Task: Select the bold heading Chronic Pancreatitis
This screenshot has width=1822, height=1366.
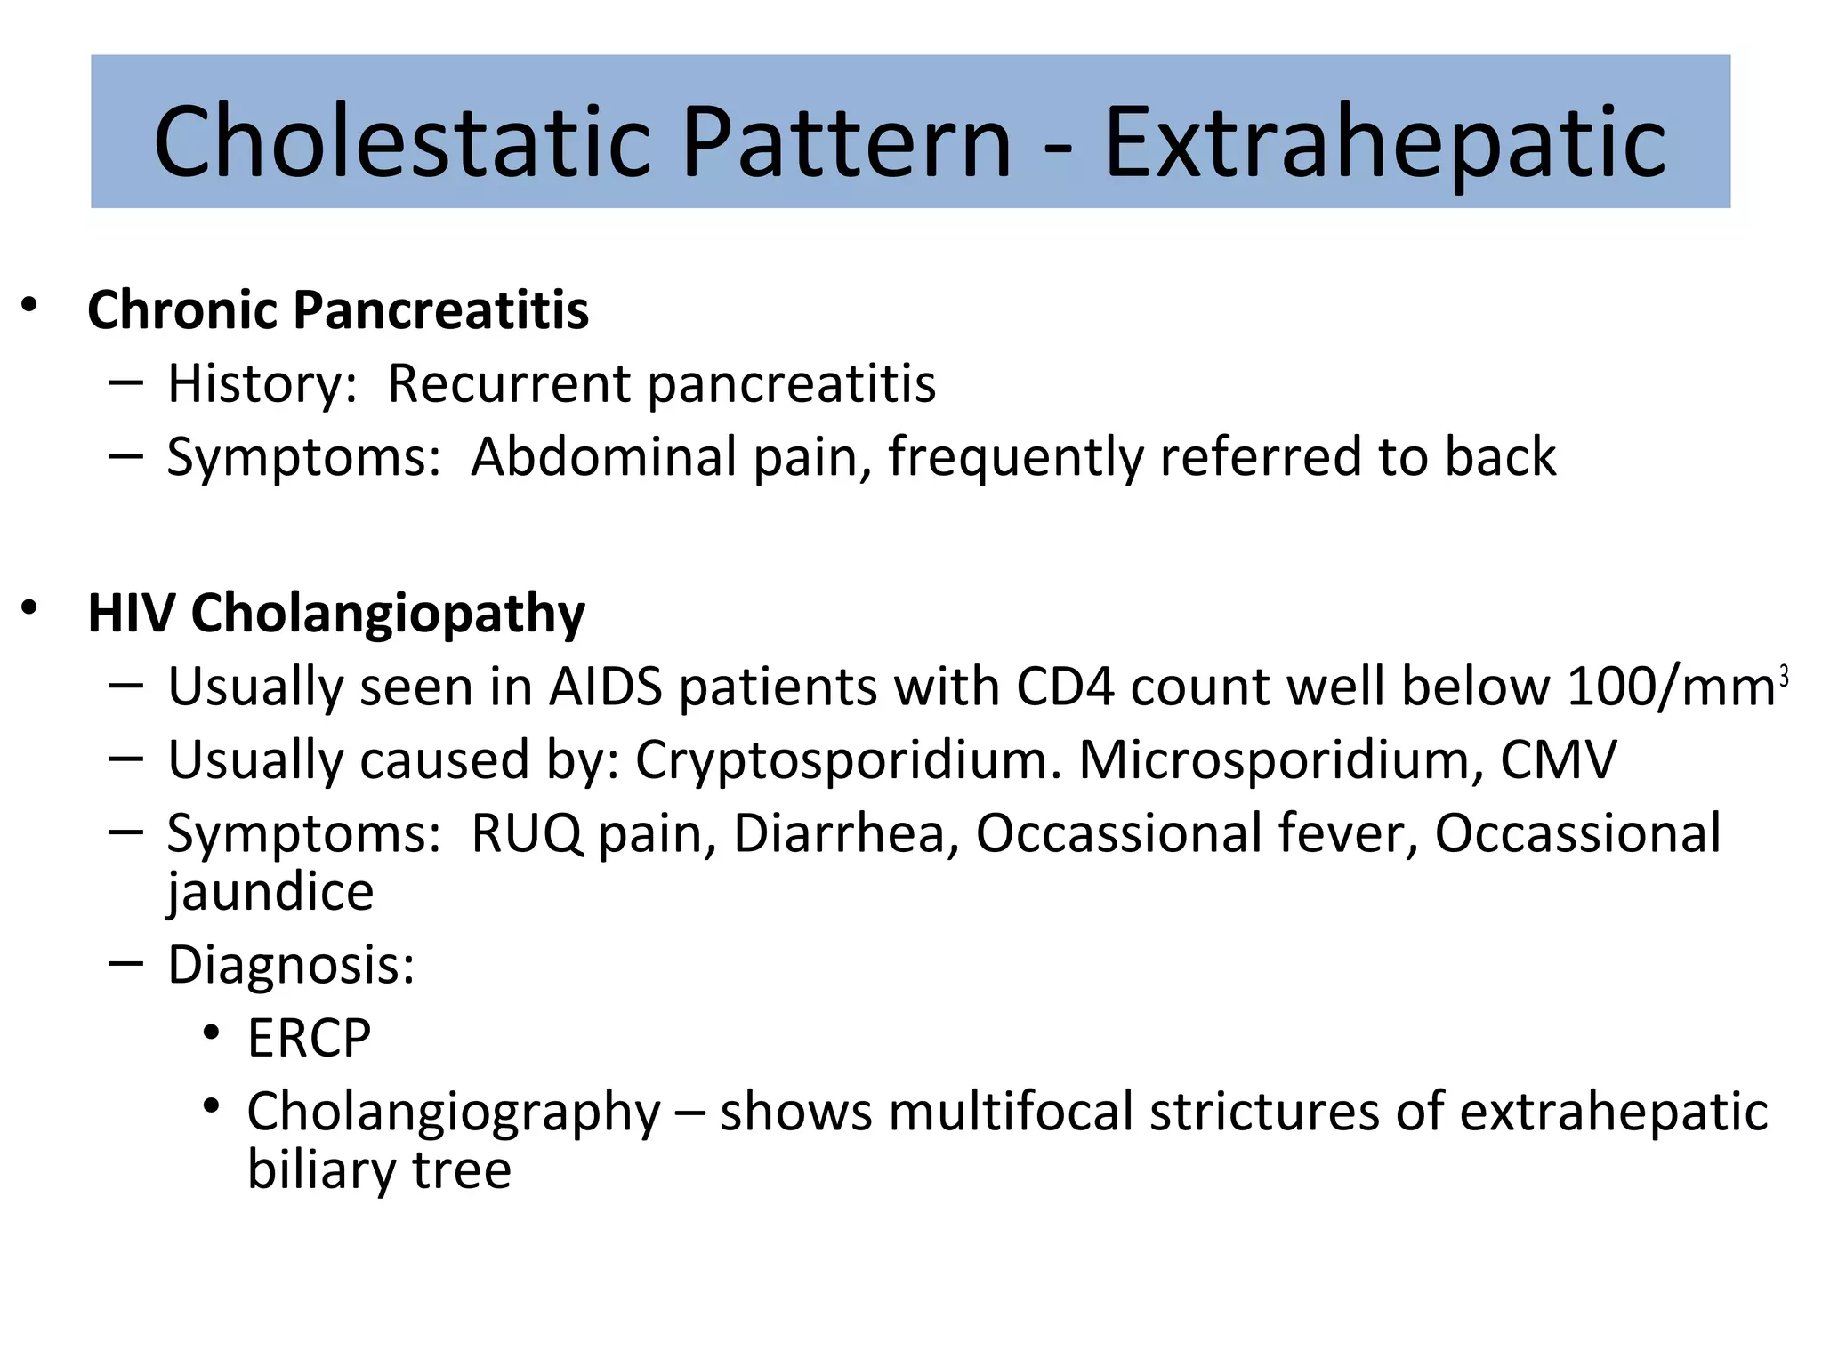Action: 338,310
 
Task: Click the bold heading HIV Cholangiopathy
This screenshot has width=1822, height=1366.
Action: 336,614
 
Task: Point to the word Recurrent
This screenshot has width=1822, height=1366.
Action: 509,384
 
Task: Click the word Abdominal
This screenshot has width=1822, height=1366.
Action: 604,457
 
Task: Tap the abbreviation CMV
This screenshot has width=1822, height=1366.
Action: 1558,761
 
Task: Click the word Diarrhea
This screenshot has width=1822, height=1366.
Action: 839,834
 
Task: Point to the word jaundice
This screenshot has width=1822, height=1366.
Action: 270,892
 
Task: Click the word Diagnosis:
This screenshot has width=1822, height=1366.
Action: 291,965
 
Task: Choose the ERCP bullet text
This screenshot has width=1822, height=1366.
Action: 309,1038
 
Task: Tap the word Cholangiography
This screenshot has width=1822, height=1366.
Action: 454,1113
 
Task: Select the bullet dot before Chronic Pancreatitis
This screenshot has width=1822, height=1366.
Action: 30,305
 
